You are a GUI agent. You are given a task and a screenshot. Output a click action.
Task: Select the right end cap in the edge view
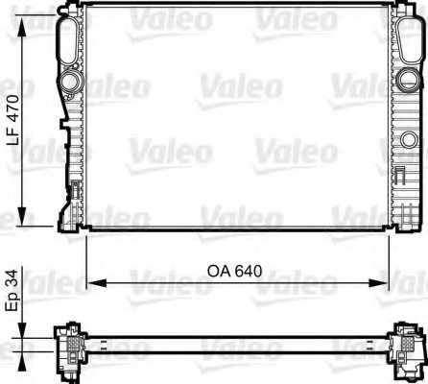(407, 344)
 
